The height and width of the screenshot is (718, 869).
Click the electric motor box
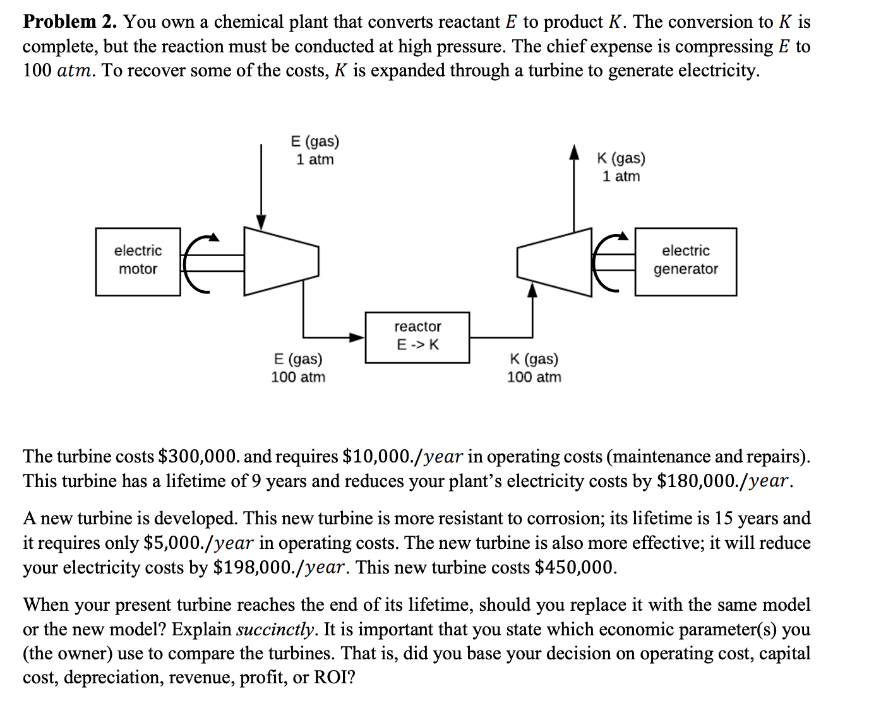[138, 261]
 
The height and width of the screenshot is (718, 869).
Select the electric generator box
[685, 261]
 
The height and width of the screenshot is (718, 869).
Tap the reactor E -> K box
[417, 337]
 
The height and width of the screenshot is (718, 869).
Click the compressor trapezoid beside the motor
[280, 261]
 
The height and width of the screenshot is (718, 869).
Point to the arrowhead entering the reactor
[358, 337]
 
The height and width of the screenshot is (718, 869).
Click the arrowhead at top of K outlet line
[574, 152]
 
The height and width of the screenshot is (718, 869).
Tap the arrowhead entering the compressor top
[261, 221]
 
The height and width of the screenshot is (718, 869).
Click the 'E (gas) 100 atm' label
[298, 368]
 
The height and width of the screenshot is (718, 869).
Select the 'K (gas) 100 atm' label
[534, 368]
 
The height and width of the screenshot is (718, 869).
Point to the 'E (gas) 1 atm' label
[315, 150]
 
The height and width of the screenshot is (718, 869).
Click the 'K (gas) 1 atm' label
[621, 167]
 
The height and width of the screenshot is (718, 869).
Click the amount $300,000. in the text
[198, 456]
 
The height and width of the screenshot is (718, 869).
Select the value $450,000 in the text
[575, 567]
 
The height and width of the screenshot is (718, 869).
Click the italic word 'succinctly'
[275, 629]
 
